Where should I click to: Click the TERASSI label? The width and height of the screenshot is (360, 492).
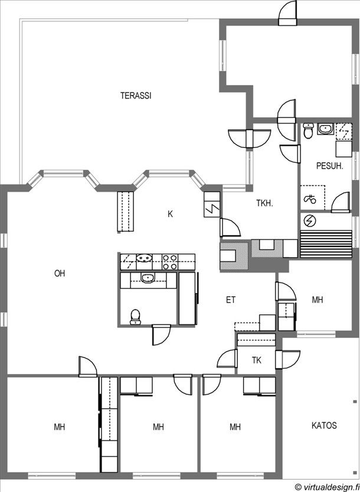pos(136,96)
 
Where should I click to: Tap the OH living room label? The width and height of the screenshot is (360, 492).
pos(60,274)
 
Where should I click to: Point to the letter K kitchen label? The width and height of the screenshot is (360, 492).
pos(171,214)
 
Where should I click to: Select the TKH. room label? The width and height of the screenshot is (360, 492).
pos(265,204)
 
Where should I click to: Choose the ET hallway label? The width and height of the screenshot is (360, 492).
pos(231,300)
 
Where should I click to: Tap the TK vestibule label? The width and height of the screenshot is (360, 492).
pos(256,360)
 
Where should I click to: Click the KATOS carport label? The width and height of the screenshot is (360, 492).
pos(324,426)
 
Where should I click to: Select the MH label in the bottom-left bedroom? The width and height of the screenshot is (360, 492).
pos(60,427)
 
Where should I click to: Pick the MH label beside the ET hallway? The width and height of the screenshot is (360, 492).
pos(318,300)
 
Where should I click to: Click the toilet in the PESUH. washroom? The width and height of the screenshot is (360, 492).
pos(309,131)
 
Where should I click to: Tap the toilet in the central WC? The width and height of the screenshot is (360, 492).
pos(135,316)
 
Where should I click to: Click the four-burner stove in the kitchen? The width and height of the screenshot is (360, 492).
pos(170,263)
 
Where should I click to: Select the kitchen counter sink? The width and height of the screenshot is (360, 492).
pos(145,258)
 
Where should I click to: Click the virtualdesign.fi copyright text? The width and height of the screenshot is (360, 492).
pos(328,487)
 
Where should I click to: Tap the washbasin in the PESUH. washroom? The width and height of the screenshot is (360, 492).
pos(325,129)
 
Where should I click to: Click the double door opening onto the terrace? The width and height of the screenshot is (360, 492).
pos(249,139)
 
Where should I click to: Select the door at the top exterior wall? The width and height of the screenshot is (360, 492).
pos(288,13)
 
